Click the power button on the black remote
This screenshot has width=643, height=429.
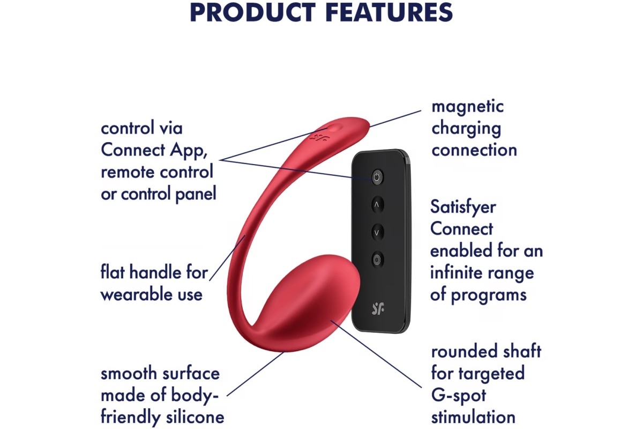point(377,177)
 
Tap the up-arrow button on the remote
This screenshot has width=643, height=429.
point(377,205)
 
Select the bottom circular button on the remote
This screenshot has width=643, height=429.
point(377,260)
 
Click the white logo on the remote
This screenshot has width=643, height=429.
point(378,308)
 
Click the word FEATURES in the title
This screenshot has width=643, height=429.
point(389,12)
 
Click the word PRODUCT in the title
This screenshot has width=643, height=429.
point(253,12)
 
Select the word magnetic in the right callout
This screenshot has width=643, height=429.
point(468,107)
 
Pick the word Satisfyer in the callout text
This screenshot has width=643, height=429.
point(463,208)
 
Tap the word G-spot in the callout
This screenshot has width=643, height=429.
point(459,396)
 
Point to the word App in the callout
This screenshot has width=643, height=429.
point(188,151)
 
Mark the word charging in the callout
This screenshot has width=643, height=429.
point(466,129)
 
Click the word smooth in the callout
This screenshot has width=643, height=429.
point(128,374)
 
